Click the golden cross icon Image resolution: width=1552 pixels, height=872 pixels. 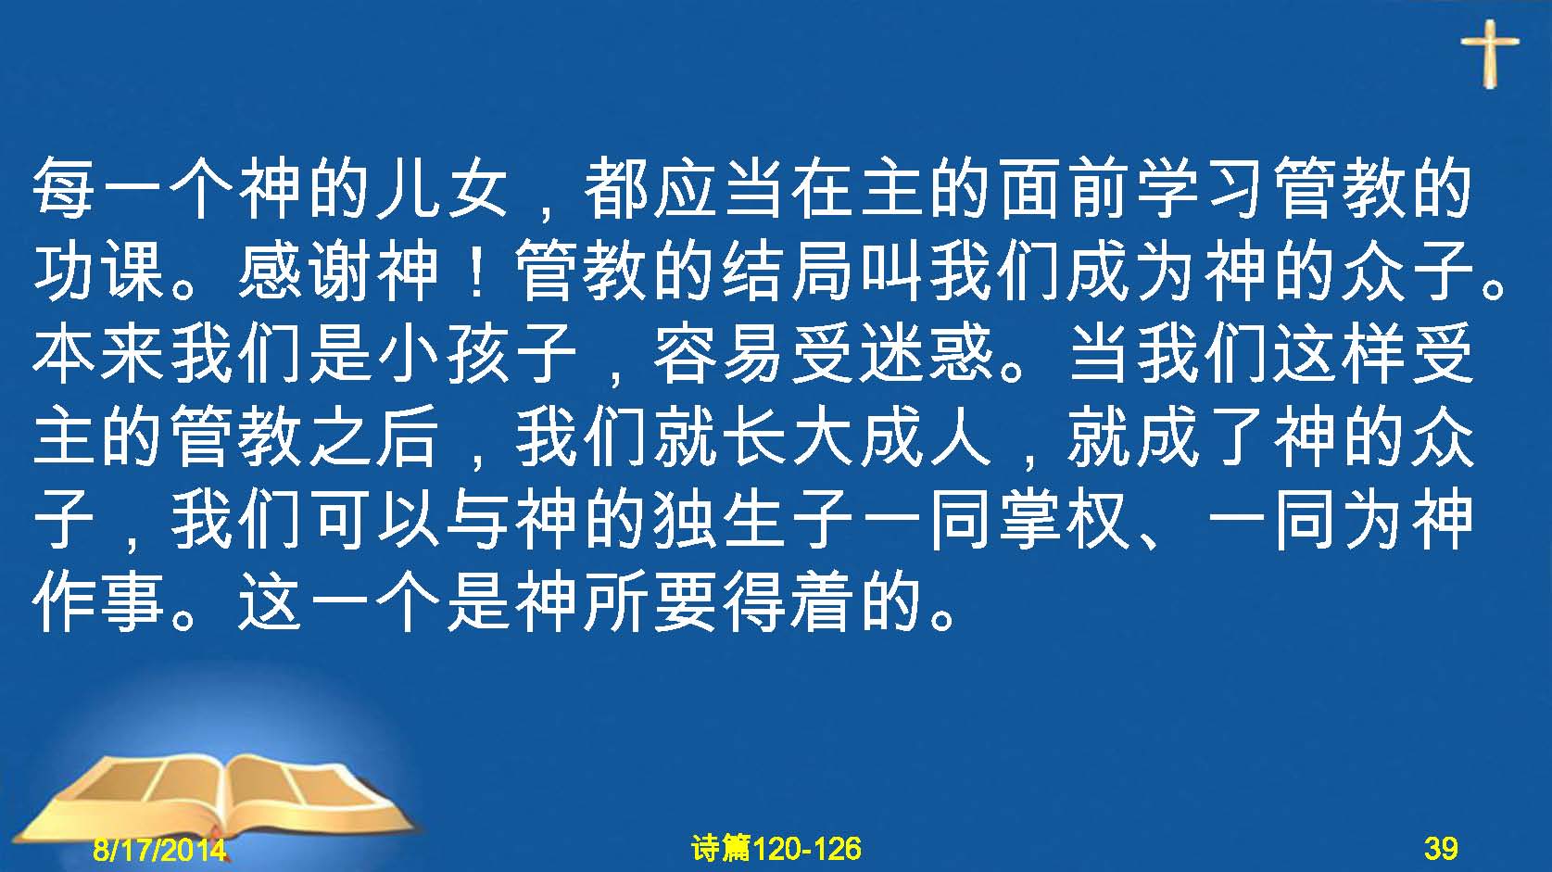click(1490, 54)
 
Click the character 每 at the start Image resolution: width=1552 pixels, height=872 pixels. click(64, 188)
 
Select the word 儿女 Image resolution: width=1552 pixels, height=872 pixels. click(444, 188)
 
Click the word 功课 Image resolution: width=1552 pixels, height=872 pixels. click(97, 272)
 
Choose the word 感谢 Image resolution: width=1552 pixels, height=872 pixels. click(304, 272)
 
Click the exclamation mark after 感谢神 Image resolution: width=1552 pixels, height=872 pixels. click(476, 272)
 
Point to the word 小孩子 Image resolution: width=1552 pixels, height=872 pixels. click(478, 354)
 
